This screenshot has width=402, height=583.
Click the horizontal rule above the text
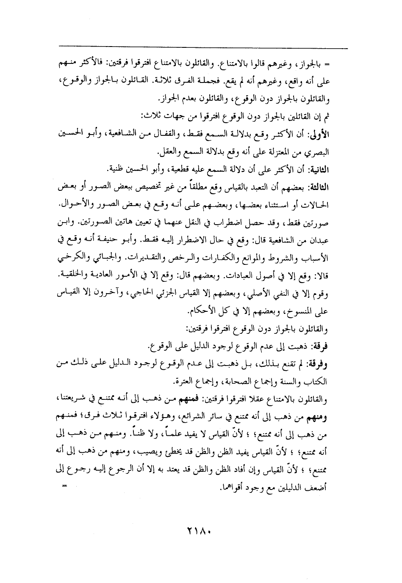[x=203, y=48]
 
